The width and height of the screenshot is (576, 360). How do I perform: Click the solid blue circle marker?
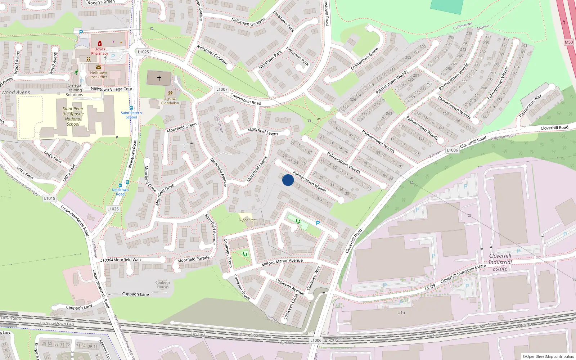pyautogui.click(x=288, y=180)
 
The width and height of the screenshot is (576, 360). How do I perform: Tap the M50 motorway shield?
pyautogui.click(x=568, y=42)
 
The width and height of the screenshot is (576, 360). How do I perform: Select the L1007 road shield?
pyautogui.click(x=222, y=89)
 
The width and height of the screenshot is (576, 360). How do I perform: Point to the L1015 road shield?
pyautogui.click(x=50, y=198)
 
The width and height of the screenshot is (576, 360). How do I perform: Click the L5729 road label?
pyautogui.click(x=430, y=287)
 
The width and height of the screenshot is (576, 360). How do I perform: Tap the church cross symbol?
pyautogui.click(x=159, y=78)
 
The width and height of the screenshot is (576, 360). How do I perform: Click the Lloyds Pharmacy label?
pyautogui.click(x=99, y=51)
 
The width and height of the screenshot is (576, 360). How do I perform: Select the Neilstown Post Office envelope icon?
pyautogui.click(x=98, y=67)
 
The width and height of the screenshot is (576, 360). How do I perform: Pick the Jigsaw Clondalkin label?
pyautogui.click(x=170, y=101)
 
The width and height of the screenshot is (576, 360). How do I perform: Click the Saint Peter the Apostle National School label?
pyautogui.click(x=73, y=116)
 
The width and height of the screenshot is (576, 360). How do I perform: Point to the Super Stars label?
pyautogui.click(x=248, y=220)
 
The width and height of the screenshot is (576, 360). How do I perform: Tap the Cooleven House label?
pyautogui.click(x=162, y=285)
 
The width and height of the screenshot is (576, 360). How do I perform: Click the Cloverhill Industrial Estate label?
pyautogui.click(x=500, y=262)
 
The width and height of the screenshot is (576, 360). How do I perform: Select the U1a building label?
pyautogui.click(x=401, y=313)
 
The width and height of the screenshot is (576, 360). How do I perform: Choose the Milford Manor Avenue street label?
pyautogui.click(x=282, y=262)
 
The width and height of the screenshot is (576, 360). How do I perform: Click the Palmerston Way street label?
pyautogui.click(x=530, y=106)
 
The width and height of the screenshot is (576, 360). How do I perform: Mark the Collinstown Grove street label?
pyautogui.click(x=364, y=59)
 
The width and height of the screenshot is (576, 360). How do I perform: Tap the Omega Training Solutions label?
pyautogui.click(x=75, y=90)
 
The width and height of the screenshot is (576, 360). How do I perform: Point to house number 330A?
pyautogui.click(x=341, y=111)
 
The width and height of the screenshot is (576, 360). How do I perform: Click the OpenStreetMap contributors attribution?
pyautogui.click(x=548, y=356)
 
